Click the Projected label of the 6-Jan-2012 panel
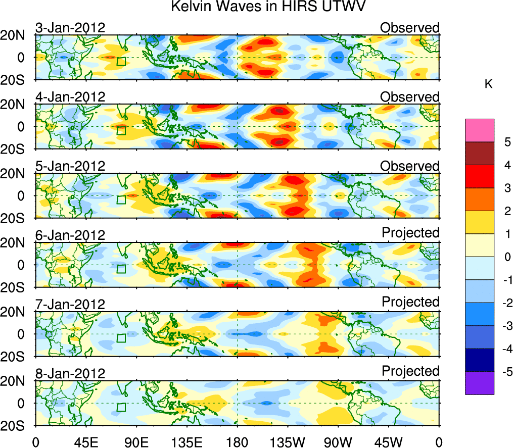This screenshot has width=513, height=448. [x=410, y=232]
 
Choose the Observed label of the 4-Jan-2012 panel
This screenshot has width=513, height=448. [x=410, y=97]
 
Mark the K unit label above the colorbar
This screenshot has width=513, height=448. [x=488, y=84]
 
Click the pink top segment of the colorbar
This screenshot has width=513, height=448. [x=479, y=130]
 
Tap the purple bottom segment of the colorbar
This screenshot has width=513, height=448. [x=479, y=383]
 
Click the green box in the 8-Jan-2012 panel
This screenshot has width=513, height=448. [x=121, y=407]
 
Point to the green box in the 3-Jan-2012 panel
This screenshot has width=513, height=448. [x=121, y=62]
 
